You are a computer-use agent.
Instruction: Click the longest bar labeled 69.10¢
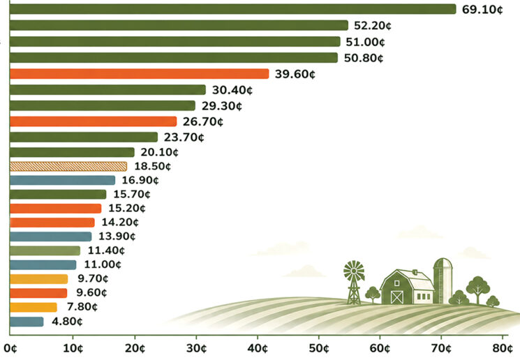pos(233,9)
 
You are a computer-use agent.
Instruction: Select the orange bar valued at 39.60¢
pos(140,73)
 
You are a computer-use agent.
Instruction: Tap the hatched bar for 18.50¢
pos(68,167)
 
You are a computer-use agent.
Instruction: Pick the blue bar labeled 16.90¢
pos(62,180)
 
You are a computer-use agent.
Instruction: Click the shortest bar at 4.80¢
pos(27,322)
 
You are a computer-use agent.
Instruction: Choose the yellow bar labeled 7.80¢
pos(34,308)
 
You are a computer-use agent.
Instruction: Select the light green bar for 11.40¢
pos(45,250)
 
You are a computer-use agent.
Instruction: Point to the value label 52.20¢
pos(373,26)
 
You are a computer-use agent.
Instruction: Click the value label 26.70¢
pos(203,121)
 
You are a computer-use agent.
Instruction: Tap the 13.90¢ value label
pos(117,237)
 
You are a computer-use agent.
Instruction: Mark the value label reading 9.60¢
pos(91,293)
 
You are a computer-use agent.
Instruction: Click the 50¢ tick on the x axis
pos(320,349)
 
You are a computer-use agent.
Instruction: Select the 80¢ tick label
pos(503,349)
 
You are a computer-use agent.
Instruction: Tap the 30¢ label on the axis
pos(196,349)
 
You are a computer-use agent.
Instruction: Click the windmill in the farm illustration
pos(354,282)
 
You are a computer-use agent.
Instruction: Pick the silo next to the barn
pos(443,280)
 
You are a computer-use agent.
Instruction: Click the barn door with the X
pos(397,297)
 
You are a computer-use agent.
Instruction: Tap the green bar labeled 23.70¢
pos(84,137)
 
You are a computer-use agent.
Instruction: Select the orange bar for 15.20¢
pos(55,209)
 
